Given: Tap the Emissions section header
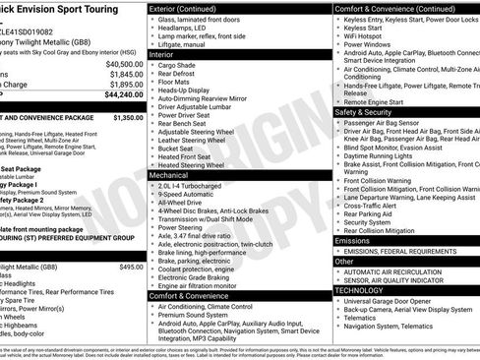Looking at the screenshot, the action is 352,240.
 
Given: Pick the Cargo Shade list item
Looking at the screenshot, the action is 180,66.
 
